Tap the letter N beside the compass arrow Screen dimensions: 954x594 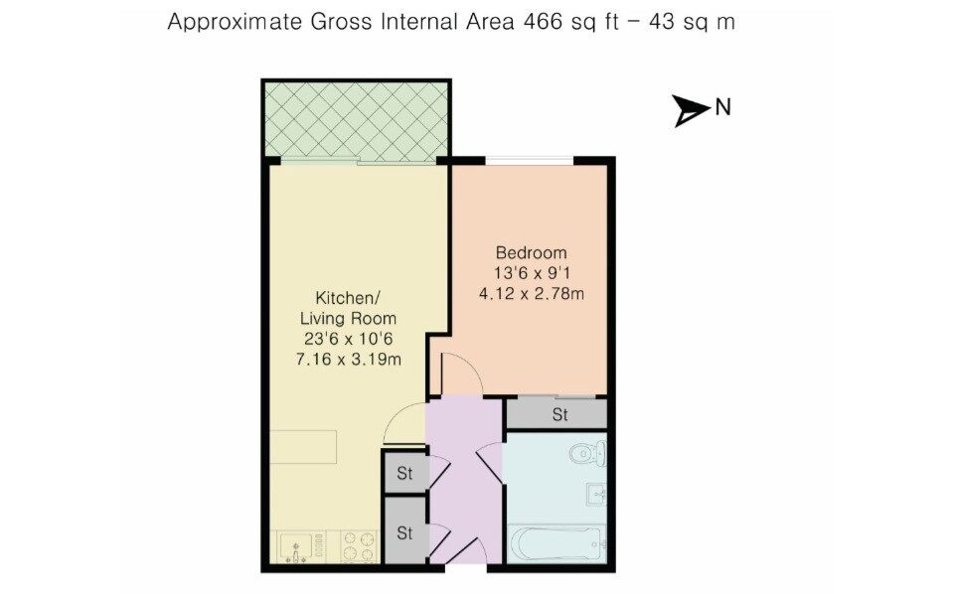coord(722,108)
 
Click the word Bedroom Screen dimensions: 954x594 coord(531,252)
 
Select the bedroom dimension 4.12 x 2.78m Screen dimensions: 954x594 coord(532,294)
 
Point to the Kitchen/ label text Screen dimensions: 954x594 coord(348,298)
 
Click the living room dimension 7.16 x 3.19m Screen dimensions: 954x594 coord(349,360)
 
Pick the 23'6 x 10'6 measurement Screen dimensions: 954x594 coord(349,339)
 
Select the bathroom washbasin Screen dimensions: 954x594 coord(596,494)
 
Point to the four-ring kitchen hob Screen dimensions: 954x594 coord(359,546)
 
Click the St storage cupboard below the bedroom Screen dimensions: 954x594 coord(556,414)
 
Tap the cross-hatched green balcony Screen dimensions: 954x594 coord(356,120)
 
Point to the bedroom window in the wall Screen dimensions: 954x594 coord(530,161)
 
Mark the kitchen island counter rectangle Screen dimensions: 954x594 coord(303,447)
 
